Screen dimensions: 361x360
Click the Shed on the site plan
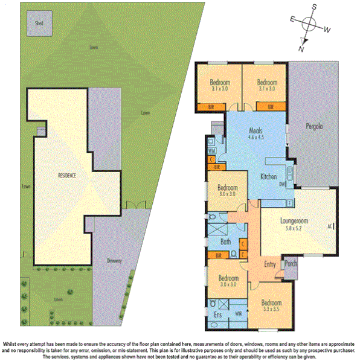point(39,24)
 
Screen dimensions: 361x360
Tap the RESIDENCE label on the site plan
point(66,175)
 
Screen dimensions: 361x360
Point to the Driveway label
point(115,261)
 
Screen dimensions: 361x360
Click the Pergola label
point(313,127)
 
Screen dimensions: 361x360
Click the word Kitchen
point(268,177)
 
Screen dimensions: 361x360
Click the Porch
point(291,263)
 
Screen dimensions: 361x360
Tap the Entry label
point(271,264)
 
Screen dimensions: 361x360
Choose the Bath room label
point(226,242)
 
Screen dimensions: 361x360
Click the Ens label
point(217,315)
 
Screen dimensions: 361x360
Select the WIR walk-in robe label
point(238,313)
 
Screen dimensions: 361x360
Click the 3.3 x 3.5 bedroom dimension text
point(271,309)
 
